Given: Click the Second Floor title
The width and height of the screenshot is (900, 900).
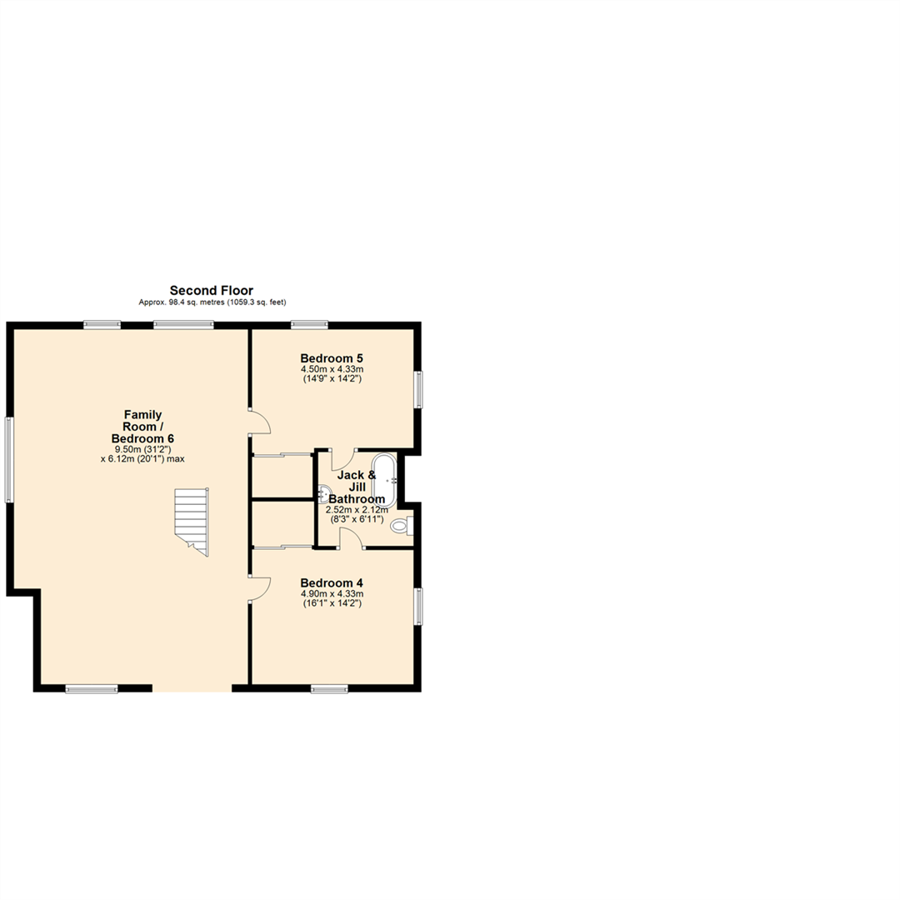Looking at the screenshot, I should pos(212,290).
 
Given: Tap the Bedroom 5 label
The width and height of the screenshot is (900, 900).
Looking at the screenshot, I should pos(332,358).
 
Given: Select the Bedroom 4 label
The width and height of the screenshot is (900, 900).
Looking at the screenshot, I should pos(332,582).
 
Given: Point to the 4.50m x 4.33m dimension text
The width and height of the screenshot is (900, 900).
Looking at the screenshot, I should pos(332,369).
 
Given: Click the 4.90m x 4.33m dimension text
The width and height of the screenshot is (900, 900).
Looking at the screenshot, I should pos(332,593).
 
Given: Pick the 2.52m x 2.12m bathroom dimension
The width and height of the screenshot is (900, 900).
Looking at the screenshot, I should pos(356,509).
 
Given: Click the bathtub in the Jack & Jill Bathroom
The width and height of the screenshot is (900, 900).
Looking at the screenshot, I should pos(384,480).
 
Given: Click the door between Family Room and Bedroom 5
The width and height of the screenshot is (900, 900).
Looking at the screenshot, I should pos(260,422).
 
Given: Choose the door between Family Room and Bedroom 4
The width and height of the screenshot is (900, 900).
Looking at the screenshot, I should pos(260,587).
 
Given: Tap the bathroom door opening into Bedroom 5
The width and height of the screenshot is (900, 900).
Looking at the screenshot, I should pos(342,459).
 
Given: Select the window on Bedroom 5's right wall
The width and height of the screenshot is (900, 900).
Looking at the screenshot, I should pos(419,389).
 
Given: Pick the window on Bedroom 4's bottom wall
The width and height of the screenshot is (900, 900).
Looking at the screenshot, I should pos(329,688).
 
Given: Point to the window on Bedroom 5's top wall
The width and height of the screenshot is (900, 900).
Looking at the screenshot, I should pos(309,324).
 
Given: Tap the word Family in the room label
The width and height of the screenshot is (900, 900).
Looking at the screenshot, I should pos(142,414).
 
